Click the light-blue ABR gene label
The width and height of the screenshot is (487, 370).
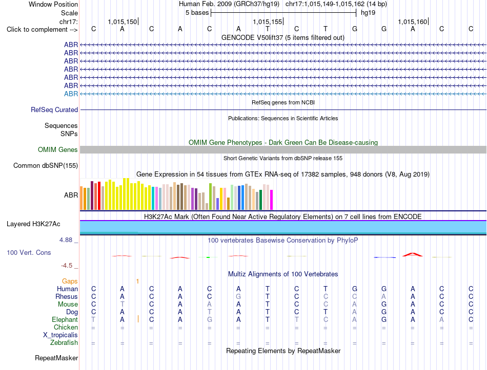[71, 94]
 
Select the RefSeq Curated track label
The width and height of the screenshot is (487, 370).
[54, 110]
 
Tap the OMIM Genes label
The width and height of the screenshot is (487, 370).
[58, 149]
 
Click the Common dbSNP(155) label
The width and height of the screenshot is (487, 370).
[46, 166]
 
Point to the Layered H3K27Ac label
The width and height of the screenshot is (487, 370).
[33, 224]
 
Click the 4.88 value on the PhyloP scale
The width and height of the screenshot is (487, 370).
[66, 240]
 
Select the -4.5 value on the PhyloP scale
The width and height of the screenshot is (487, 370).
[67, 266]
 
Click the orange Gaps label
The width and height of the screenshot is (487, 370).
[70, 281]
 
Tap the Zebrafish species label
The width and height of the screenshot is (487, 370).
[64, 343]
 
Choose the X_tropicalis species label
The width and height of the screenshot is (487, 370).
[60, 335]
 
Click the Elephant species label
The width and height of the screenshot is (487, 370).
[65, 319]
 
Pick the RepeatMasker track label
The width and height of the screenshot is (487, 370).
[56, 358]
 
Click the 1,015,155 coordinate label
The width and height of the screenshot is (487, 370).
[267, 21]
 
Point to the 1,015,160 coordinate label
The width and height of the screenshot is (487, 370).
[413, 21]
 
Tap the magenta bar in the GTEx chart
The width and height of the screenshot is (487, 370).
[272, 200]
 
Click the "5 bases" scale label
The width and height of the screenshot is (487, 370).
[197, 13]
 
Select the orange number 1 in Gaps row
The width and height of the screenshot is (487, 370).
[137, 281]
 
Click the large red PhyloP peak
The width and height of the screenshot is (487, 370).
[413, 254]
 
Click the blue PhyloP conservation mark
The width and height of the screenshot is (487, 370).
[385, 257]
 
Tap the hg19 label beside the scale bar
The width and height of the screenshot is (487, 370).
[368, 13]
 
